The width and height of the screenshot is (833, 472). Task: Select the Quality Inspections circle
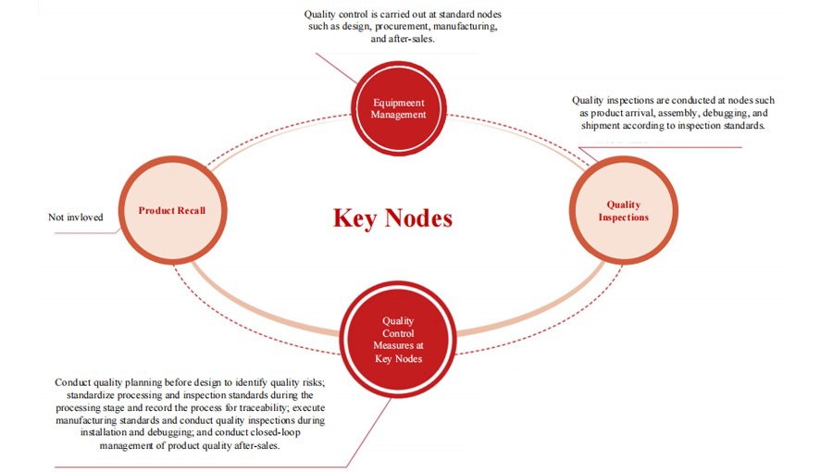(623, 211)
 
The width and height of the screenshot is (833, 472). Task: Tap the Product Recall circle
(171, 210)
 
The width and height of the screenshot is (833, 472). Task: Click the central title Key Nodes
(392, 218)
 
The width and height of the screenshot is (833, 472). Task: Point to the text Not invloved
(76, 217)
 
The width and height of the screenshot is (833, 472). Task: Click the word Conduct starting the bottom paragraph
(73, 381)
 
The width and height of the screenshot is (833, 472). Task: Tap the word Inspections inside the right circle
(623, 217)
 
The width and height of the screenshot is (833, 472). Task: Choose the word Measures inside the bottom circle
(398, 345)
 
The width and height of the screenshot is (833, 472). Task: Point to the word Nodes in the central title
(420, 218)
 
